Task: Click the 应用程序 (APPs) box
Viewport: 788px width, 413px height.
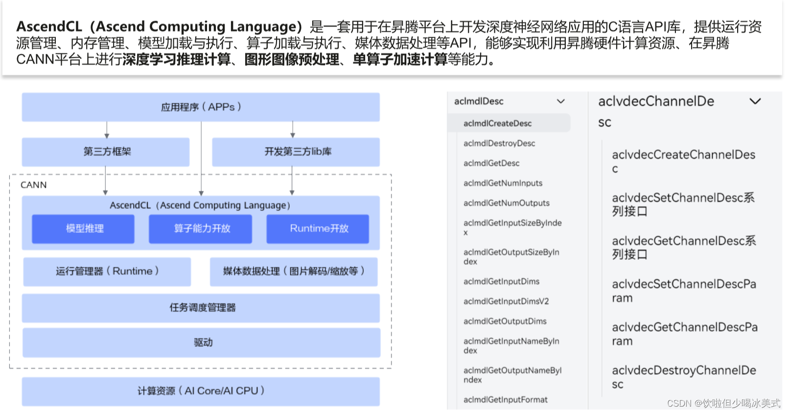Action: pyautogui.click(x=201, y=107)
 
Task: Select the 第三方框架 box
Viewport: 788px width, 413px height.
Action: pyautogui.click(x=106, y=152)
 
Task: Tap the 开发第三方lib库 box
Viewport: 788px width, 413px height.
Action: pyautogui.click(x=296, y=152)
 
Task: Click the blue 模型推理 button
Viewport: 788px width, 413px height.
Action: pyautogui.click(x=83, y=229)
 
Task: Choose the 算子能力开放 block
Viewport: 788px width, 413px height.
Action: pyautogui.click(x=201, y=229)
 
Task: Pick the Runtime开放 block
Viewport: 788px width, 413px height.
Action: pyautogui.click(x=318, y=229)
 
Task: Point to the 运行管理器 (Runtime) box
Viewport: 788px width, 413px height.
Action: pyautogui.click(x=107, y=272)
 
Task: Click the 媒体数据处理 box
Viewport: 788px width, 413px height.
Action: pyautogui.click(x=294, y=272)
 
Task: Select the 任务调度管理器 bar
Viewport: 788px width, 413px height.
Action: pyautogui.click(x=201, y=308)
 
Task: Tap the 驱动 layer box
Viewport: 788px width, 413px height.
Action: pyautogui.click(x=201, y=343)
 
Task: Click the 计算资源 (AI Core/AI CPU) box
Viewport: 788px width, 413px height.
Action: pyautogui.click(x=201, y=391)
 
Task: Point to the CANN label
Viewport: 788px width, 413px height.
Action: pyautogui.click(x=34, y=185)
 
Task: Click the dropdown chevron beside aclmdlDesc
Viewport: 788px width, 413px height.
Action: pyautogui.click(x=561, y=101)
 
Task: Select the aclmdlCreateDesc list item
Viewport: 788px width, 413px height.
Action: pyautogui.click(x=498, y=123)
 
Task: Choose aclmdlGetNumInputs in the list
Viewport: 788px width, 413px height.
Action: pyautogui.click(x=503, y=183)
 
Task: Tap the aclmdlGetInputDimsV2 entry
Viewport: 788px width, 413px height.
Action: pyautogui.click(x=506, y=301)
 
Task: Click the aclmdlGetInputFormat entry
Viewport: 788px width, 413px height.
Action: pyautogui.click(x=506, y=400)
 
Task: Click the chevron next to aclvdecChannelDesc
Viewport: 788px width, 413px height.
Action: pyautogui.click(x=755, y=101)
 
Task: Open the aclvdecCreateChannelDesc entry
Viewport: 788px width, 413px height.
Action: pyautogui.click(x=683, y=161)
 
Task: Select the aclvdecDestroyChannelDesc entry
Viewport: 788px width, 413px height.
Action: pyautogui.click(x=683, y=377)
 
